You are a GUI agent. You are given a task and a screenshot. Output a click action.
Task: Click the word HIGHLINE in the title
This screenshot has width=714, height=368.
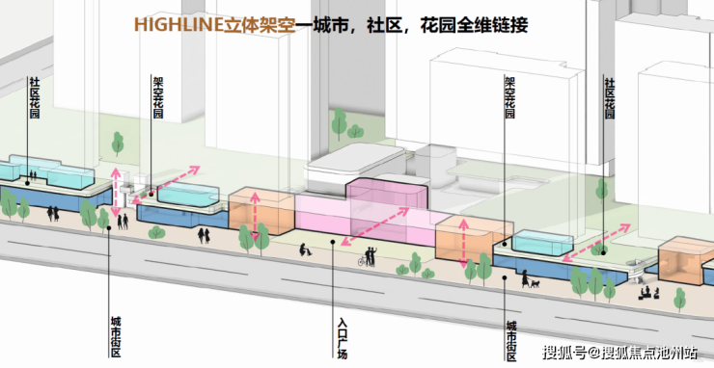tap(178, 24)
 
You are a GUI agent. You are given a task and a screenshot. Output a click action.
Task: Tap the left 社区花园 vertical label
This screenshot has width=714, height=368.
tap(35, 97)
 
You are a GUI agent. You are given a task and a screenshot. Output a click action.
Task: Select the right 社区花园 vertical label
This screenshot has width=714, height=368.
tap(609, 98)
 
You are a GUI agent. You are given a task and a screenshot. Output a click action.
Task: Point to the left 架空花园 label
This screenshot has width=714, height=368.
tap(157, 97)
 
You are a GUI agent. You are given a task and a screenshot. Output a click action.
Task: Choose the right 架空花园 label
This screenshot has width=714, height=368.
tap(509, 97)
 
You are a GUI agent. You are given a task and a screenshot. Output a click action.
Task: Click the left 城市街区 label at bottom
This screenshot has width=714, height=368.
tap(116, 336)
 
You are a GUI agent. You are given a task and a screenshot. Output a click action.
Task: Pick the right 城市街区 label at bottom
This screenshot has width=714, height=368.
tap(511, 341)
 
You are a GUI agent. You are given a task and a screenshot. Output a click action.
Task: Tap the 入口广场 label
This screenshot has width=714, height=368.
tap(343, 338)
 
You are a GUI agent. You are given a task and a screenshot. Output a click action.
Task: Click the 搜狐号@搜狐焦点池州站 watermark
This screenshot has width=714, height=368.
tap(619, 352)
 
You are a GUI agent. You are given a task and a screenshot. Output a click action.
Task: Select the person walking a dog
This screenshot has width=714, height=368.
tap(530, 279)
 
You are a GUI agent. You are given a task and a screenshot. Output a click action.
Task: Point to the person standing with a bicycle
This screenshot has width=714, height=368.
tap(368, 257)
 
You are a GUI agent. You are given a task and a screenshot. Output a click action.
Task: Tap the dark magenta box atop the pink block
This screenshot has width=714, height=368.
tap(387, 194)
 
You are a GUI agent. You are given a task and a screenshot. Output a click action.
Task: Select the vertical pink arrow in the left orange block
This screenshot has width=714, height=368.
tap(255, 217)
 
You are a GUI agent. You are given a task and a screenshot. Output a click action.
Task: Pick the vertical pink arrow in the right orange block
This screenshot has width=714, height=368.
tap(463, 244)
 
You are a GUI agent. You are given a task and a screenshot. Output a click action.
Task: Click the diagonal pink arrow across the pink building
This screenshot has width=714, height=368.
tap(375, 226)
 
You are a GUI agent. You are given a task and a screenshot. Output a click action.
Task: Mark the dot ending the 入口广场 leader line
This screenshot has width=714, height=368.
tap(333, 243)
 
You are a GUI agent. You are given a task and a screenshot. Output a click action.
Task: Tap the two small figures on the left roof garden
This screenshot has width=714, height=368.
tap(33, 175)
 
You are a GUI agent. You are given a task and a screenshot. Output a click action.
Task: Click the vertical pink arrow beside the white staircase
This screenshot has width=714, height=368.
tap(116, 192)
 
